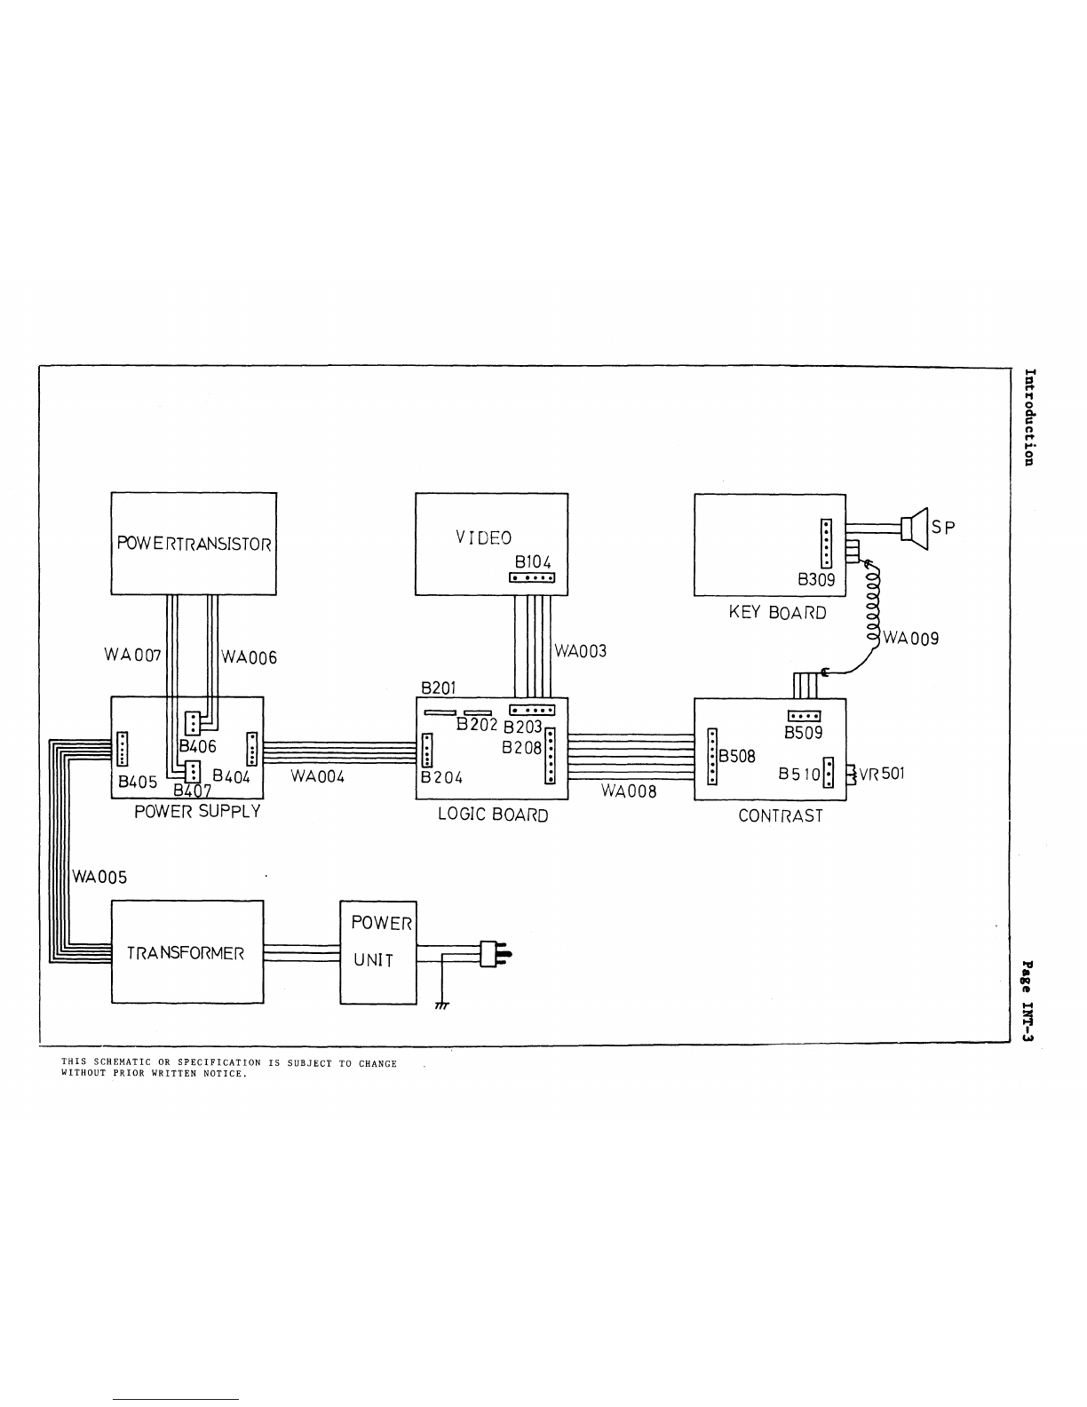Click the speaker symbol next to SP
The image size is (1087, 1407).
915,529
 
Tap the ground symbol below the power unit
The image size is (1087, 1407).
442,1006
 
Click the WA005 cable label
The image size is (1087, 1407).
99,878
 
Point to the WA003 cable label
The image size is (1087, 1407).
580,651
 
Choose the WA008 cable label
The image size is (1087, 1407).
629,791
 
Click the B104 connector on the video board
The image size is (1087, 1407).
532,577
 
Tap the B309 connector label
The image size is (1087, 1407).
816,579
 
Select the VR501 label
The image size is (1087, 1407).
881,773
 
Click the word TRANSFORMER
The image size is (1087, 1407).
186,953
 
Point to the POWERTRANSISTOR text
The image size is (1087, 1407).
194,544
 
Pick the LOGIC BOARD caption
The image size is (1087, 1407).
494,815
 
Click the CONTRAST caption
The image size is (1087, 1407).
781,815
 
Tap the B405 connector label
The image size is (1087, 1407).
138,783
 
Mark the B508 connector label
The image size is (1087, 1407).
737,756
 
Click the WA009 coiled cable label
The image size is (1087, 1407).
911,639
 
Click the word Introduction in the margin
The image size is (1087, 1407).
1029,417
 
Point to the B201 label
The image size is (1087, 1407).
439,688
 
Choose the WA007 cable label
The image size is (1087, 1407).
132,655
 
